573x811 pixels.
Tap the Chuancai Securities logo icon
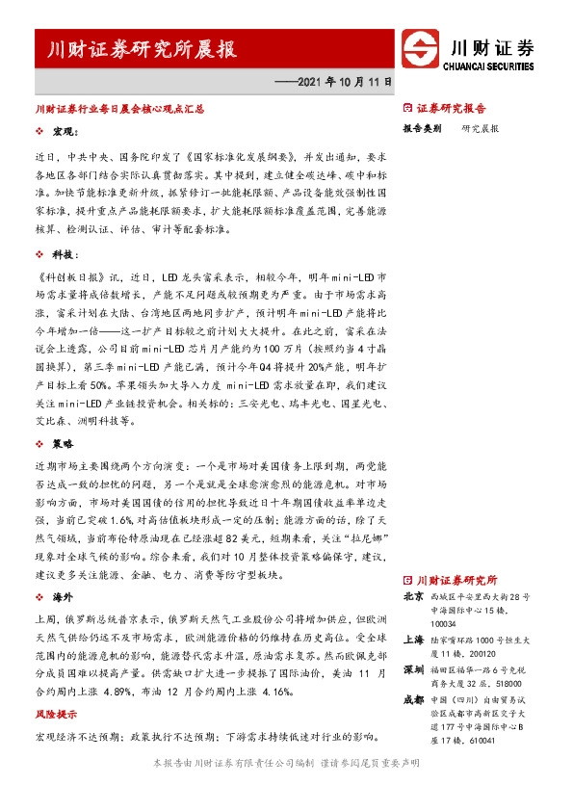coord(420,50)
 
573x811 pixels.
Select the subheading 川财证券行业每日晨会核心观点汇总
coord(118,110)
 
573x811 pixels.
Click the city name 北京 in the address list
coord(413,596)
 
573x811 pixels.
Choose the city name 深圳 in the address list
coord(413,668)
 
